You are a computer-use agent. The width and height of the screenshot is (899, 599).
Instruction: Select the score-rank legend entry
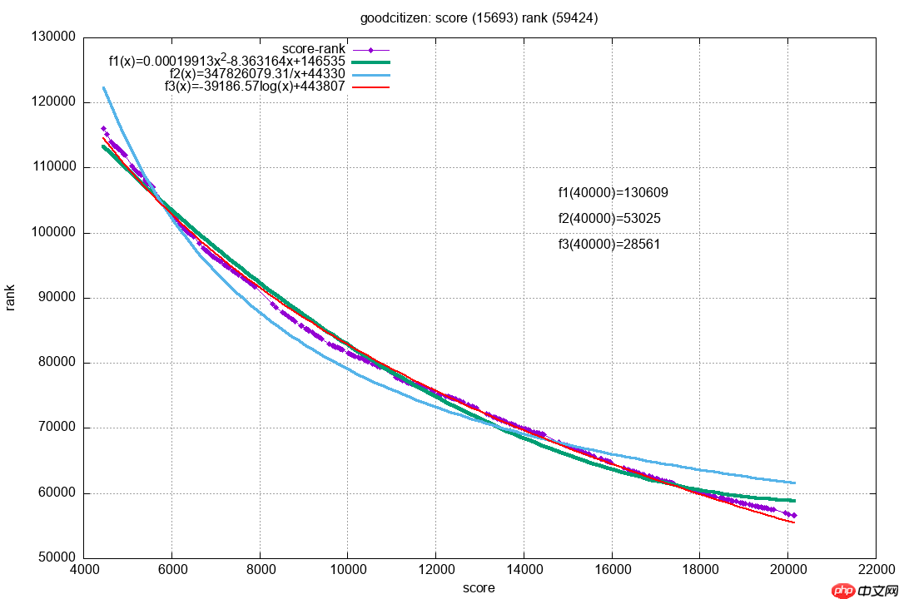pos(314,49)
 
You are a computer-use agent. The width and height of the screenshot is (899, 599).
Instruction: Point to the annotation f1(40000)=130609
pos(613,193)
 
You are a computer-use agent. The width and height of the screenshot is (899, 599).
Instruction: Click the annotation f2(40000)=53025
pos(610,219)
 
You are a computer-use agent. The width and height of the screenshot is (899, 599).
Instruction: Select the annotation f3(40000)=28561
pos(610,245)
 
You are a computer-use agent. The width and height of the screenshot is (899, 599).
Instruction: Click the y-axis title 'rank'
pos(11,297)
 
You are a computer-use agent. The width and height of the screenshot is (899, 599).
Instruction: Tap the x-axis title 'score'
pos(479,588)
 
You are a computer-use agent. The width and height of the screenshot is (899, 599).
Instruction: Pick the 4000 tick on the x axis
pos(84,572)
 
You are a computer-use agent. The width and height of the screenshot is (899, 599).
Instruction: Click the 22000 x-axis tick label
pos(875,572)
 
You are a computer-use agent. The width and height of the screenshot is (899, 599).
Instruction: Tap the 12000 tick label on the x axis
pos(435,572)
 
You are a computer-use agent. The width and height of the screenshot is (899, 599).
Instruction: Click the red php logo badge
pos(844,590)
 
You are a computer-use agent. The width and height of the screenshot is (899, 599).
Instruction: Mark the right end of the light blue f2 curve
pos(795,483)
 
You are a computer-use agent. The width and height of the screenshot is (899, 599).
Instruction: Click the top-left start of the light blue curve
pos(103,88)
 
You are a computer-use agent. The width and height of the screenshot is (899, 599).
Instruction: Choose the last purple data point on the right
pos(794,516)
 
